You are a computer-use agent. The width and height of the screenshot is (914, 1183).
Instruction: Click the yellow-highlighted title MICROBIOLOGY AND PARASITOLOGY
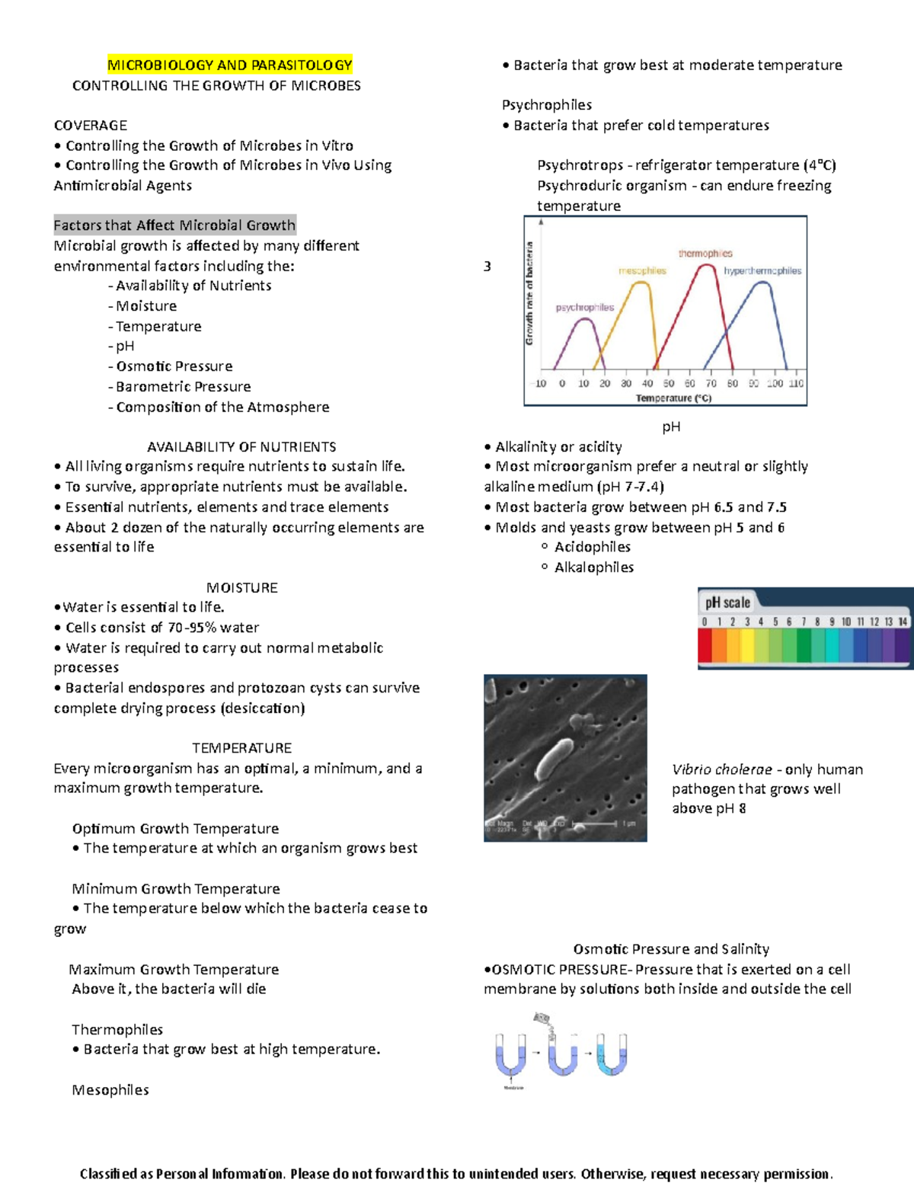pyautogui.click(x=229, y=66)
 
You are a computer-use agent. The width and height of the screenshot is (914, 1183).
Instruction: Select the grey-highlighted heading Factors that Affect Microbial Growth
pyautogui.click(x=174, y=225)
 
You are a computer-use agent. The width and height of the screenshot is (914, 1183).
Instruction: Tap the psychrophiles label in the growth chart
pyautogui.click(x=584, y=308)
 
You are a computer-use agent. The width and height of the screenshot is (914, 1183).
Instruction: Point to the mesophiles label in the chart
pyautogui.click(x=642, y=270)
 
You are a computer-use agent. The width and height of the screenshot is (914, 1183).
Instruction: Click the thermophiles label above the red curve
pyautogui.click(x=705, y=254)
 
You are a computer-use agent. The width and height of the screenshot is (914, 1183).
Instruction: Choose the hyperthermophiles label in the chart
pyautogui.click(x=762, y=270)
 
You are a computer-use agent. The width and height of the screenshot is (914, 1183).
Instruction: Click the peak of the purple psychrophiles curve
pyautogui.click(x=584, y=319)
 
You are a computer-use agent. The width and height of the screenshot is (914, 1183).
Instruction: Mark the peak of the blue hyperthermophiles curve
pyautogui.click(x=762, y=283)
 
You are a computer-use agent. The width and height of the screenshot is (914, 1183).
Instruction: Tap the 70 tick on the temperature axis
pyautogui.click(x=711, y=384)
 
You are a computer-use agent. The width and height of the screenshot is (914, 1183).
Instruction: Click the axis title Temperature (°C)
pyautogui.click(x=673, y=398)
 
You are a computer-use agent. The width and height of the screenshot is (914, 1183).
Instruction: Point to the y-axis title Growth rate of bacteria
pyautogui.click(x=529, y=293)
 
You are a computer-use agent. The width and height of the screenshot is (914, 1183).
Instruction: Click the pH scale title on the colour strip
pyautogui.click(x=727, y=603)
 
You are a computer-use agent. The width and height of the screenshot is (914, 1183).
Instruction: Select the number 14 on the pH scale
pyautogui.click(x=903, y=622)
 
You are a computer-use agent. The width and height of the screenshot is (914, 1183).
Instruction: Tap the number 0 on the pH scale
pyautogui.click(x=705, y=622)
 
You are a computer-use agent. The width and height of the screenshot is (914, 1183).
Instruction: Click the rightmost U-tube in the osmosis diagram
pyautogui.click(x=612, y=1055)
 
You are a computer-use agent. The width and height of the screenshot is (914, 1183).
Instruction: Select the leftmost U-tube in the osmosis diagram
pyautogui.click(x=510, y=1055)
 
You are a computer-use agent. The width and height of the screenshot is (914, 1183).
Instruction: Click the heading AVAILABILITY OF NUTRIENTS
pyautogui.click(x=241, y=447)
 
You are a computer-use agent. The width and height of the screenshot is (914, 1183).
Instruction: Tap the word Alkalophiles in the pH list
pyautogui.click(x=594, y=568)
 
